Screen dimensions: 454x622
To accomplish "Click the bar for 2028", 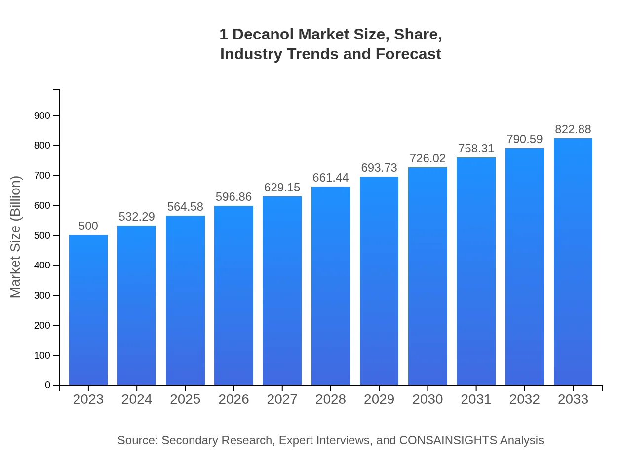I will click(x=331, y=286).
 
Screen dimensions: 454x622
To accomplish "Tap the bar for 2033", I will click(x=573, y=262).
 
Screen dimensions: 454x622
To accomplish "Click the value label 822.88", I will click(x=573, y=129).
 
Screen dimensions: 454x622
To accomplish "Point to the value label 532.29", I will click(x=137, y=217).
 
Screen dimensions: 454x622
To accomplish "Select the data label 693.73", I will click(x=379, y=168).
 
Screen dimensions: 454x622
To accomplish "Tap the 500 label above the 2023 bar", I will click(x=88, y=226).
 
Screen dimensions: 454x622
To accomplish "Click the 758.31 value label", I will click(x=476, y=149).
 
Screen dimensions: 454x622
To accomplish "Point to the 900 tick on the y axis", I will click(x=42, y=115).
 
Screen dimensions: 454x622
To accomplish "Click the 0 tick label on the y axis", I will click(x=48, y=385).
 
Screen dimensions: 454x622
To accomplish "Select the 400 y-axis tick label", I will click(x=42, y=265).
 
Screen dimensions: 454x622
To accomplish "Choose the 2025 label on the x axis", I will click(x=185, y=399).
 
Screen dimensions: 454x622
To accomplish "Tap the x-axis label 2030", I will click(x=428, y=399).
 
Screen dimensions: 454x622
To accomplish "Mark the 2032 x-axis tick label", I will click(x=525, y=399).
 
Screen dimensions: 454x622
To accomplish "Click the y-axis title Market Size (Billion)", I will click(x=16, y=237).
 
